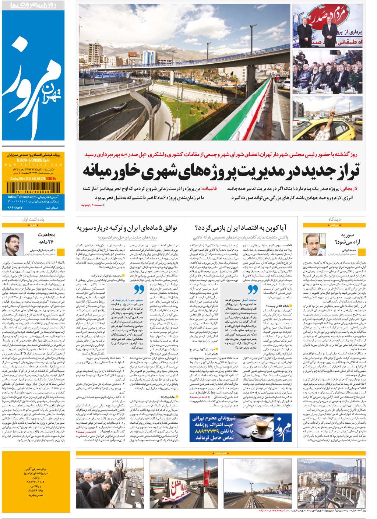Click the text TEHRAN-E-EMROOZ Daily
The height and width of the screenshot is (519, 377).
coord(34,161)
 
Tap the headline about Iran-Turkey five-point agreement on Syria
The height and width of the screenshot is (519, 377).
coord(127,228)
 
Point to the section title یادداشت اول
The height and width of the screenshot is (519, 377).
coord(33,219)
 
